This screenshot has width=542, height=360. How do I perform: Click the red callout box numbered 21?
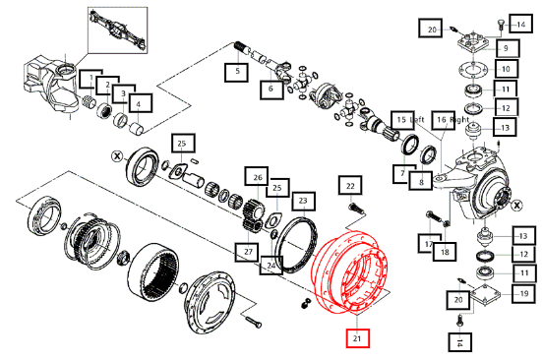tap(358, 338)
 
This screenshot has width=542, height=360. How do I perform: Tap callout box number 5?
tap(237, 72)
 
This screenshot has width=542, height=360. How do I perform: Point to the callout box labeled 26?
tap(257, 178)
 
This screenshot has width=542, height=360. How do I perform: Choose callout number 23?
tap(303, 201)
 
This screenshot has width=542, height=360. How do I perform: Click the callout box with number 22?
tap(350, 186)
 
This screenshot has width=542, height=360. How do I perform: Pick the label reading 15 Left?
tap(407, 120)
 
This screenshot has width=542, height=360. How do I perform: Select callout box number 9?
tap(508, 48)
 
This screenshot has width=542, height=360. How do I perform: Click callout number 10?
tap(506, 69)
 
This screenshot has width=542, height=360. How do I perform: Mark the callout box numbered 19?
tap(523, 294)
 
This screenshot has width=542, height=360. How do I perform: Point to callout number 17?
tap(429, 244)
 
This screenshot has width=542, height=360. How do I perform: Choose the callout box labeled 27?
tap(248, 252)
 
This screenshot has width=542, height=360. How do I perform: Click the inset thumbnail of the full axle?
tap(118, 30)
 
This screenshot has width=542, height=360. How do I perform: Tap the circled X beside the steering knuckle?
tap(516, 206)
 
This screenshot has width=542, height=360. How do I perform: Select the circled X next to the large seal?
tap(117, 156)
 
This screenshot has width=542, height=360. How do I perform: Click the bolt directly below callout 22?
tap(356, 209)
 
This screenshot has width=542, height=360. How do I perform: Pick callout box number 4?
tap(141, 103)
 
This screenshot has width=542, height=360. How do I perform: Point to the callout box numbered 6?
tap(271, 90)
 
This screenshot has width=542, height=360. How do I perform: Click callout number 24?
tap(271, 266)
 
